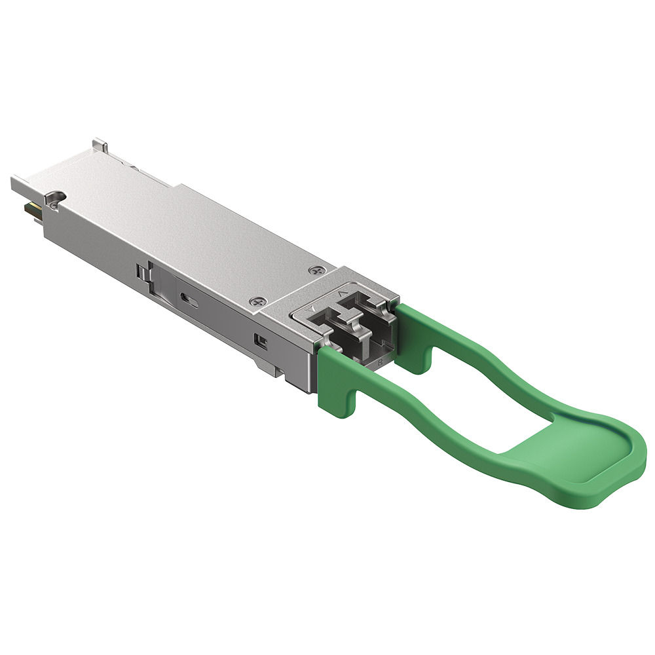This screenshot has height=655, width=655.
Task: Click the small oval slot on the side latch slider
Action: [190, 299]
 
